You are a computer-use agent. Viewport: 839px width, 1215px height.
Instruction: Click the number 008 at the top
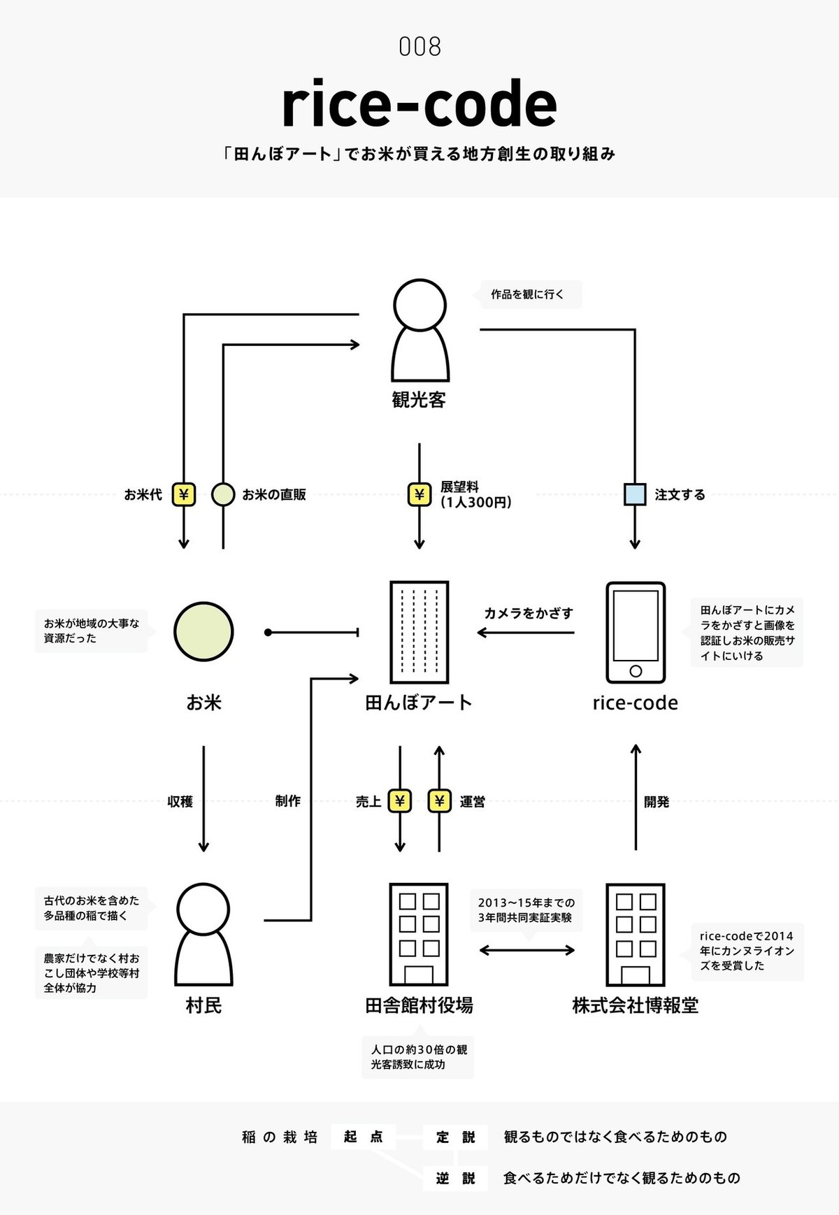coord(419,47)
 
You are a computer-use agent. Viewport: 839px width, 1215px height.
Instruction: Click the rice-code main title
coord(419,104)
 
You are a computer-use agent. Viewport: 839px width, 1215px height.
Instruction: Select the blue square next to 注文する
coord(635,494)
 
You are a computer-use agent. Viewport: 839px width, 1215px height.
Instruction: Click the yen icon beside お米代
coord(184,494)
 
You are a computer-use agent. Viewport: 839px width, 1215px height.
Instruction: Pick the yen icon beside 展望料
coord(419,494)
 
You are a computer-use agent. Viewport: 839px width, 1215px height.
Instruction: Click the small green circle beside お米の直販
coord(223,494)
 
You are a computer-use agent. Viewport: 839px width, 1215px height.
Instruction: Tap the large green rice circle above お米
coord(203,631)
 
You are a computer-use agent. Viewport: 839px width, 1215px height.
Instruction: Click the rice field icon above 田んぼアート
coord(419,632)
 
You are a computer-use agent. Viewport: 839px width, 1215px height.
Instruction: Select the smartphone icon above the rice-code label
coord(635,632)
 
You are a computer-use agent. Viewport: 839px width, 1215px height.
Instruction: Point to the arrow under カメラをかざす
coord(526,633)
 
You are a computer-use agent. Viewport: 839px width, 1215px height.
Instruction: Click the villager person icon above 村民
coord(203,935)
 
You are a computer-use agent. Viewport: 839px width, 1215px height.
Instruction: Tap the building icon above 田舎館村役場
coord(418,935)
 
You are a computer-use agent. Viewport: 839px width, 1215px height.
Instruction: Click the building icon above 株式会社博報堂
coord(635,935)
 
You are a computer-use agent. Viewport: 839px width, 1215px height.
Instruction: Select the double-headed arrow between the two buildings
coord(527,950)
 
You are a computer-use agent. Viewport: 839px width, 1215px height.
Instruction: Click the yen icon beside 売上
coord(400,801)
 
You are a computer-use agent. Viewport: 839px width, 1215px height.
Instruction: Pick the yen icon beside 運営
coord(439,801)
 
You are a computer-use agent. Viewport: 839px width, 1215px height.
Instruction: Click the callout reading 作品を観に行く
coord(528,294)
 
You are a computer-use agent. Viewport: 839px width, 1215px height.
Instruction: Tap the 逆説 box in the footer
coord(455,1178)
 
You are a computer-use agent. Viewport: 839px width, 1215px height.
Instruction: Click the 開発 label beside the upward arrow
coord(657,802)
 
